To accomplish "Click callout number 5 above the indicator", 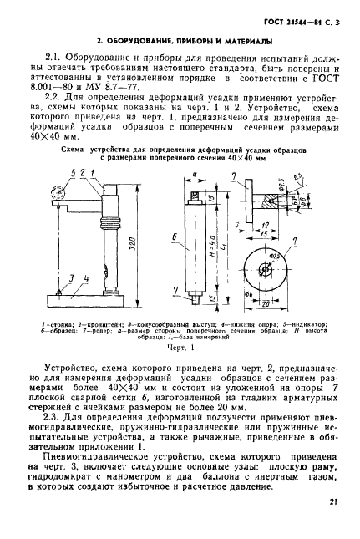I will pos(73,173).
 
